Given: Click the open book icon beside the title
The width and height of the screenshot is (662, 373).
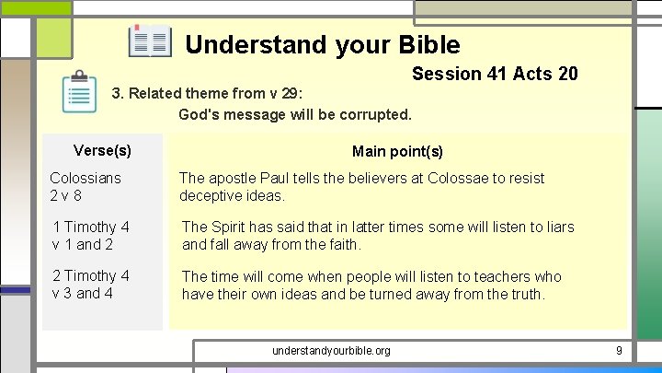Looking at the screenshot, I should click(x=150, y=42).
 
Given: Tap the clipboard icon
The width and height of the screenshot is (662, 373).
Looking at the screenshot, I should click(x=80, y=92).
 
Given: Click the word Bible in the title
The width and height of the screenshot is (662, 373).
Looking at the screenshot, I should click(x=429, y=44).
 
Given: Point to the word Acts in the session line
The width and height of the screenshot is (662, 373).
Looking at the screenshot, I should click(x=535, y=74).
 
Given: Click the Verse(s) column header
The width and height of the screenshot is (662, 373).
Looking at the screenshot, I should click(x=102, y=150).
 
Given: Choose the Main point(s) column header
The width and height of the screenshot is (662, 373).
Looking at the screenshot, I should click(x=397, y=151).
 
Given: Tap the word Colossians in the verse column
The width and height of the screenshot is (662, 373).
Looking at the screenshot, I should click(x=86, y=178).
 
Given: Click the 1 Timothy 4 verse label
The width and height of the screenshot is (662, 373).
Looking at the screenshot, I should click(x=91, y=227).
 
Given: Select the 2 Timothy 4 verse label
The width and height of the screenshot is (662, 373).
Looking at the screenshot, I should click(x=91, y=275).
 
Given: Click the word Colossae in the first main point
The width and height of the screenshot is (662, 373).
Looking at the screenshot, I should click(x=445, y=178).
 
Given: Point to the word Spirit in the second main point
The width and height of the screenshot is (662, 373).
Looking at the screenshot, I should click(x=232, y=227).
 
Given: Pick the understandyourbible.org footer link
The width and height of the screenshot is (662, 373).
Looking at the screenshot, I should click(x=331, y=351).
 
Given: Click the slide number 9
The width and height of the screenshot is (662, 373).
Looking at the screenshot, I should click(x=619, y=351).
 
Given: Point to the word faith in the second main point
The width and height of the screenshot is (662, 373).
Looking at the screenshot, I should click(x=341, y=244).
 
